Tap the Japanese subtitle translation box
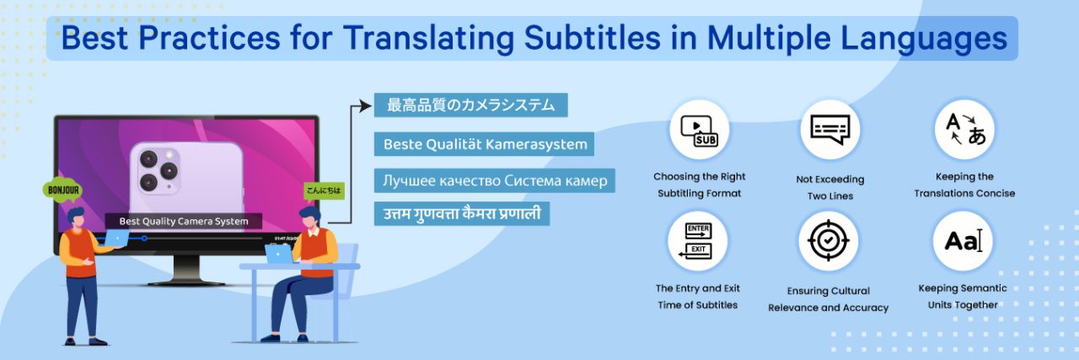pyautogui.click(x=470, y=105)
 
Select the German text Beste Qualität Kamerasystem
pyautogui.click(x=485, y=144)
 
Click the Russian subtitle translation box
pyautogui.click(x=494, y=181)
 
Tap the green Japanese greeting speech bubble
pyautogui.click(x=324, y=191)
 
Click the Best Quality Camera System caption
pyautogui.click(x=184, y=222)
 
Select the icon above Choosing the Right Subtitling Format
pyautogui.click(x=699, y=130)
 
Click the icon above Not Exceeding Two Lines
pyautogui.click(x=829, y=130)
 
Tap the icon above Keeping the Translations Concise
pyautogui.click(x=964, y=130)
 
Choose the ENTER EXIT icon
pyautogui.click(x=699, y=241)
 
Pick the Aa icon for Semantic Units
pyautogui.click(x=963, y=241)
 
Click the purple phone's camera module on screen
pyautogui.click(x=158, y=169)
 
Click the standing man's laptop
pyautogui.click(x=115, y=239)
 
